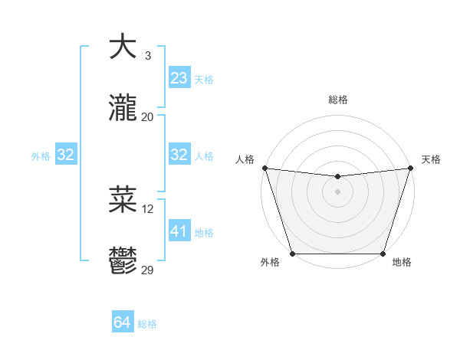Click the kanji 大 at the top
tap(123, 47)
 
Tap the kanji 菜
tap(123, 199)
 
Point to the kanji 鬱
tap(123, 262)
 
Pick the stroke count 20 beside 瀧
tap(148, 117)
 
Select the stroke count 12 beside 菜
tap(148, 208)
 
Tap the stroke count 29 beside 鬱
tap(148, 270)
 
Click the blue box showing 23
tap(179, 78)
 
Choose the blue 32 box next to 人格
tap(179, 155)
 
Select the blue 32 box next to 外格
tap(66, 155)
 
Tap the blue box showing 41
tap(179, 231)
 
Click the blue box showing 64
tap(123, 322)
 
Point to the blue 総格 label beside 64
tap(147, 324)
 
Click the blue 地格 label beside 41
tap(204, 233)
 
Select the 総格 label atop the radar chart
tap(337, 100)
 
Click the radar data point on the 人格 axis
tap(264, 168)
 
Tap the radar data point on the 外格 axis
tap(292, 253)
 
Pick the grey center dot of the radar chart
tap(337, 191)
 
